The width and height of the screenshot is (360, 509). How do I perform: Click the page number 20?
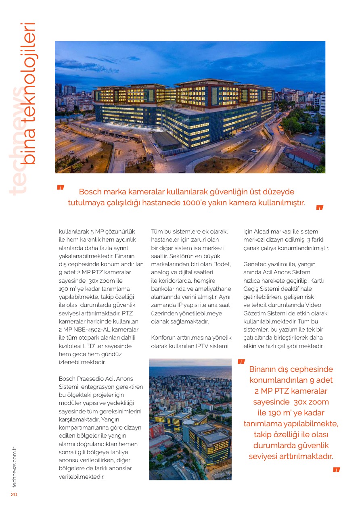pos(14,494)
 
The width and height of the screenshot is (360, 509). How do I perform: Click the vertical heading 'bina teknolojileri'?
pos(29,93)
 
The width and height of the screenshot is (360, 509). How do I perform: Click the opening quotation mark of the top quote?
pos(61,188)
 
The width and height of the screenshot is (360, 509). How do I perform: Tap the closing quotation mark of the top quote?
pos(320,208)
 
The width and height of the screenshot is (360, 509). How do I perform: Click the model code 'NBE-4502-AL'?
pos(88,330)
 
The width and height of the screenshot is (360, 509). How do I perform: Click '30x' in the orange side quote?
pos(301,402)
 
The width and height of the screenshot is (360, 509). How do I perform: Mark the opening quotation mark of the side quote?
pos(241,361)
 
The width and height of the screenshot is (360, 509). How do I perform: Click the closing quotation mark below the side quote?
pos(336,469)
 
